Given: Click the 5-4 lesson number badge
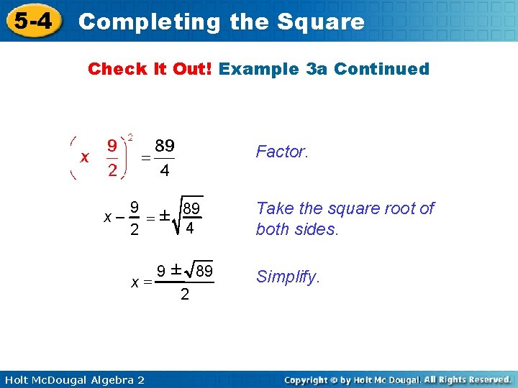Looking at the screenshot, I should point(34,21).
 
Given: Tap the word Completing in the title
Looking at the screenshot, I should point(150,22).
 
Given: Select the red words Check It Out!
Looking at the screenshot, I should point(150,69).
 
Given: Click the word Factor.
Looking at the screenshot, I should point(282,152).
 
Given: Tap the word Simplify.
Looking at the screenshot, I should point(287,277).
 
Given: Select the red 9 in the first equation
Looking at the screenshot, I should point(113,146).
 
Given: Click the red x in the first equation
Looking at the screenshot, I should point(85,157).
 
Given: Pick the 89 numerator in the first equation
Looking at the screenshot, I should point(165,146).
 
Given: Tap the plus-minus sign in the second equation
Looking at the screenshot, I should point(164,216).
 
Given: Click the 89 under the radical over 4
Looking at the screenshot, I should point(191,209).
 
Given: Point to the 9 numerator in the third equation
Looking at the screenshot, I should point(162,271).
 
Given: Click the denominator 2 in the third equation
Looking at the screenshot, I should point(185,294).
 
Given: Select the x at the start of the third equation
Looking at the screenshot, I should point(135,282).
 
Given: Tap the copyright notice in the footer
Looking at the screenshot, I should point(397,379).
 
